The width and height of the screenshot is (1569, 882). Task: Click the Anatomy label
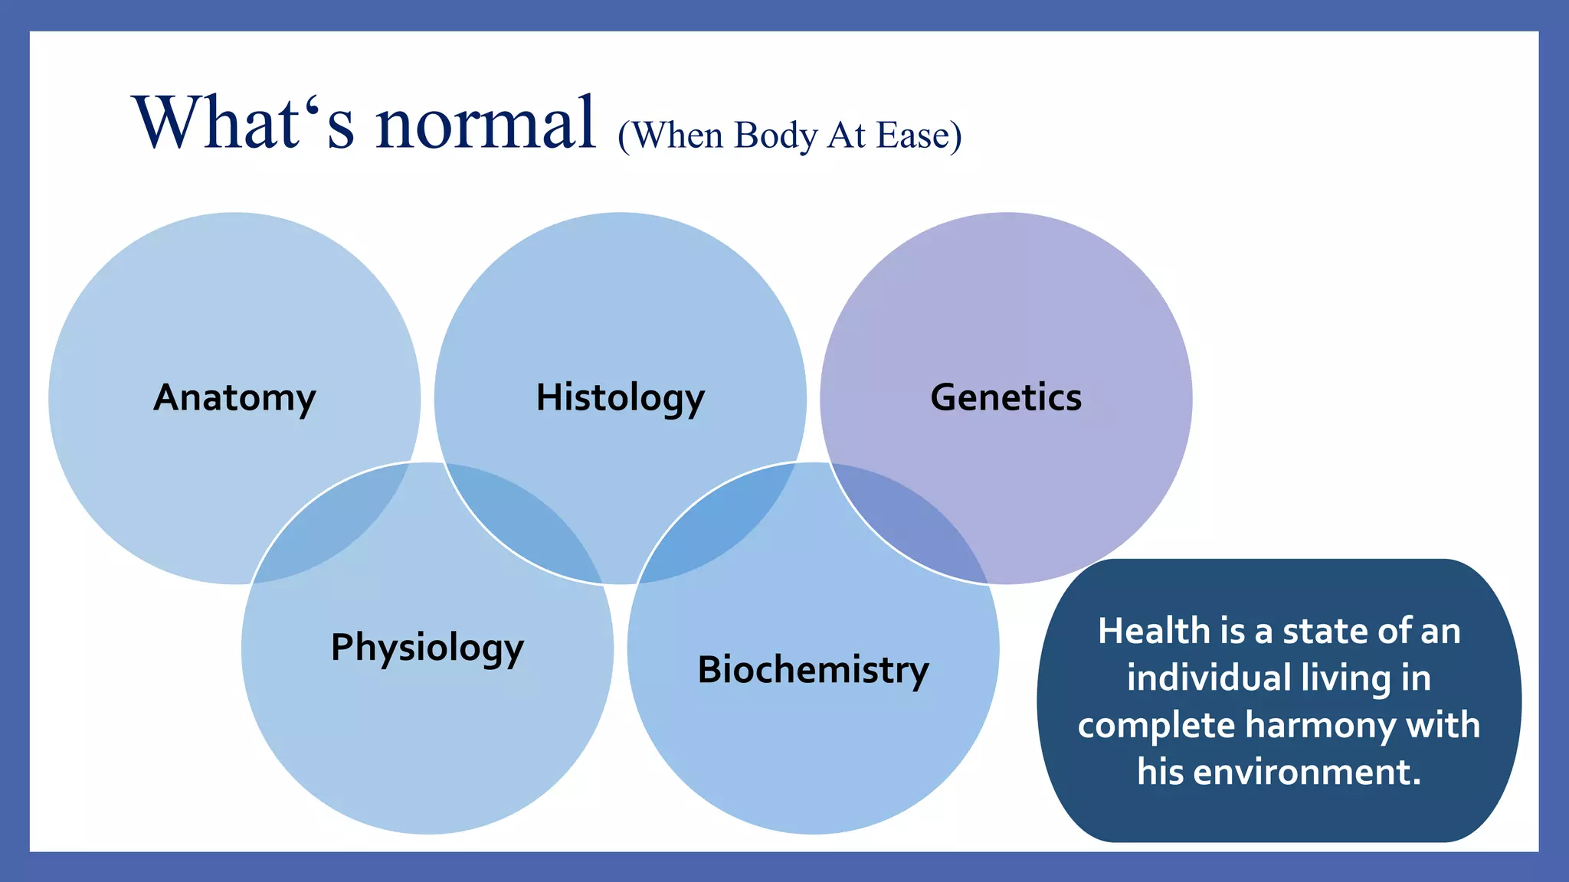point(234,397)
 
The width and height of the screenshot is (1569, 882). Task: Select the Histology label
point(620,397)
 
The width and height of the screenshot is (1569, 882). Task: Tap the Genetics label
point(1006,397)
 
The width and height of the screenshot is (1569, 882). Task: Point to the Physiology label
point(427,648)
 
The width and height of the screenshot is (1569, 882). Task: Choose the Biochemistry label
point(813,670)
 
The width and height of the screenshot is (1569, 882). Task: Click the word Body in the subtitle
point(776,136)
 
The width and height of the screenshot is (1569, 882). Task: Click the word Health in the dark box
point(1153,632)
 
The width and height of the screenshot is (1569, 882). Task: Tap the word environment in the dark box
point(1307,772)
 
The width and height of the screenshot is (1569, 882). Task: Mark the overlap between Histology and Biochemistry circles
point(716,528)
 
